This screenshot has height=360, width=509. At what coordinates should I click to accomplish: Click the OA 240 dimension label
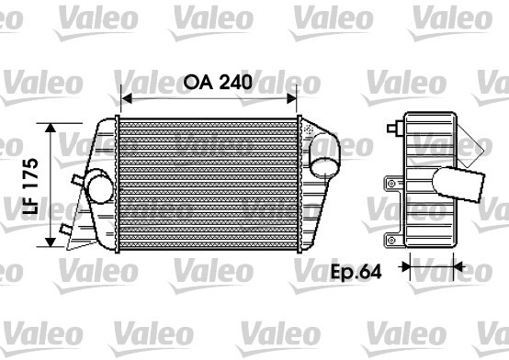(218, 82)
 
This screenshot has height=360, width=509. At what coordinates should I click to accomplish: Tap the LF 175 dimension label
(31, 186)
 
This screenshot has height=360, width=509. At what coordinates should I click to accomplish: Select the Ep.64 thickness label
(356, 272)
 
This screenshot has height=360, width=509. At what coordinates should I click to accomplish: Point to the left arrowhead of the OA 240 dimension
(126, 98)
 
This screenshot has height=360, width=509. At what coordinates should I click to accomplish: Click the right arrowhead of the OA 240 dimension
(291, 98)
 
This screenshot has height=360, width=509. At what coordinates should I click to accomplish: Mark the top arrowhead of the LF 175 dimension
(51, 128)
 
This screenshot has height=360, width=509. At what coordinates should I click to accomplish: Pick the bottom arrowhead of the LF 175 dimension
(51, 242)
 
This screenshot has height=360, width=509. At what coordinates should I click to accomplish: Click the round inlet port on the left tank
(100, 189)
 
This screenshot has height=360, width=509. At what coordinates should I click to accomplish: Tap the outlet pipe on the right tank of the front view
(324, 156)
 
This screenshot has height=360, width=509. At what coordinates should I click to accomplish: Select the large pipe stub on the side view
(458, 184)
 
